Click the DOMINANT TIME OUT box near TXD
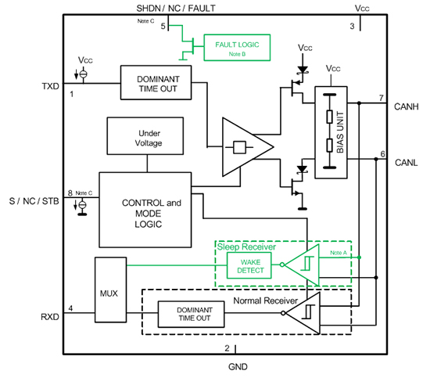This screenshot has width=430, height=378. coord(156,83)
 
